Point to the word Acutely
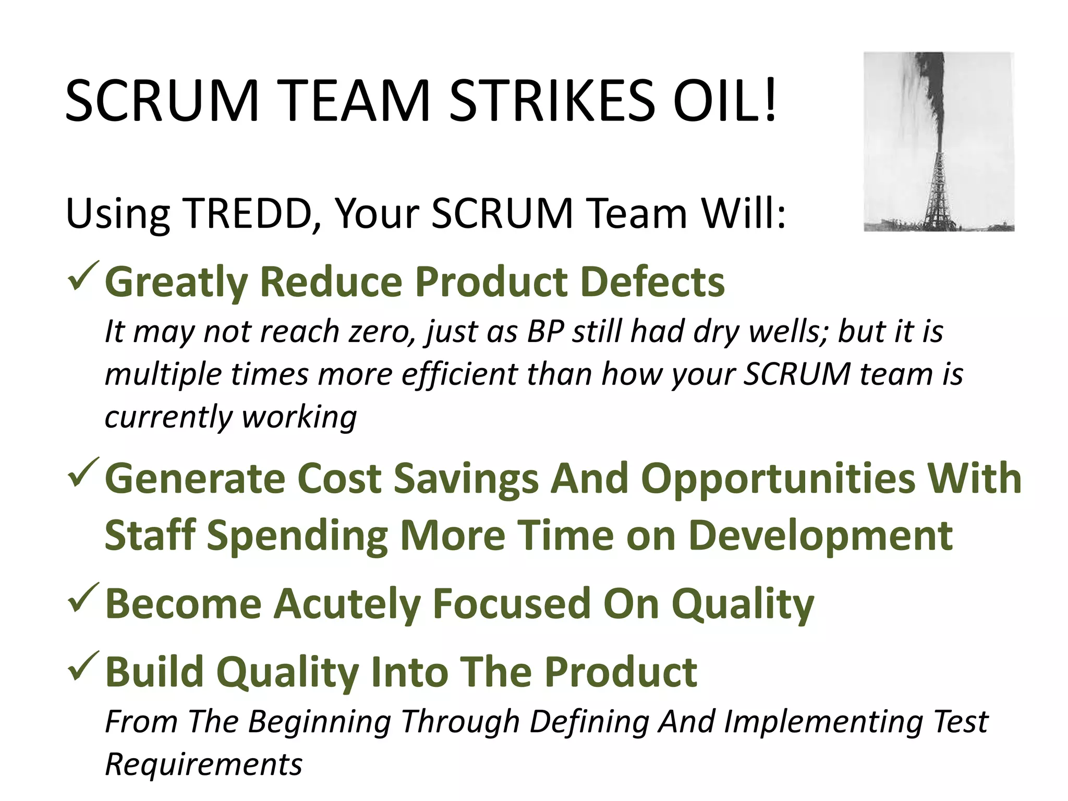pos(347,604)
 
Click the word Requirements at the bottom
pos(203,764)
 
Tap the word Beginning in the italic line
pos(319,722)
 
